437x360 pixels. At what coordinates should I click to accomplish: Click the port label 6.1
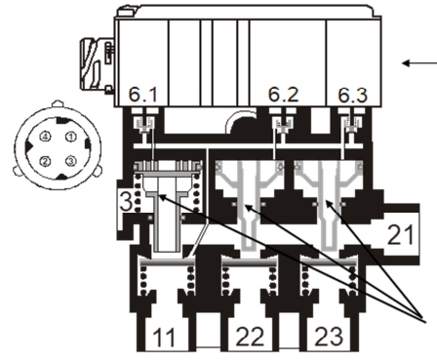(143, 95)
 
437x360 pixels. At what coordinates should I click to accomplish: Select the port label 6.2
(283, 95)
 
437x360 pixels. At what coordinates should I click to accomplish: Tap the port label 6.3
(353, 95)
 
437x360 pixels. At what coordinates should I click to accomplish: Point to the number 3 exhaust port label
(126, 202)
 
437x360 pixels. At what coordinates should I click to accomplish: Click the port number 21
(401, 235)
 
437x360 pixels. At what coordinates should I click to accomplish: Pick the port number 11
(164, 338)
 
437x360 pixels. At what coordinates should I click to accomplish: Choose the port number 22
(250, 337)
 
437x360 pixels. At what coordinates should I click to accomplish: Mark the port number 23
(329, 337)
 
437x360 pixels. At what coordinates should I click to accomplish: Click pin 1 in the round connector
(70, 137)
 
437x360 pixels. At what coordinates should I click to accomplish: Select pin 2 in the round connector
(45, 161)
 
